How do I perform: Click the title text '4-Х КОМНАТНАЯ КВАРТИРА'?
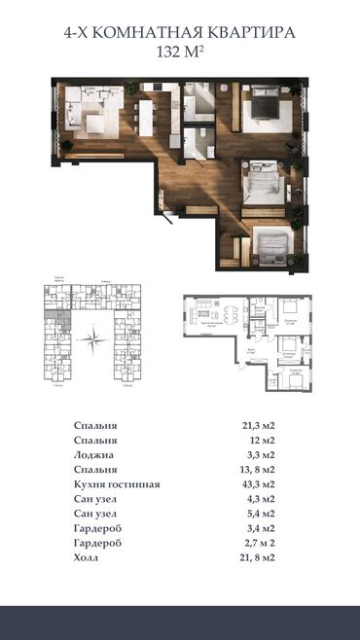[x=180, y=33]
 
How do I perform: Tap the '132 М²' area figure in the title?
[x=180, y=53]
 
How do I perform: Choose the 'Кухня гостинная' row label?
[x=117, y=484]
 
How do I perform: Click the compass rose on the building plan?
[x=93, y=340]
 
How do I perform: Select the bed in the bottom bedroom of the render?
[x=267, y=242]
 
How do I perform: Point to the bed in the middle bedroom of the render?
[x=260, y=181]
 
